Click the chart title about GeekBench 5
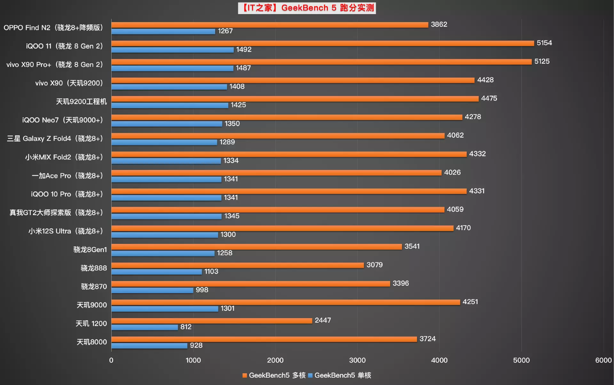[x=307, y=8]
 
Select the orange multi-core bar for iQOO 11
[x=322, y=43]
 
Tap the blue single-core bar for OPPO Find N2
[x=163, y=31]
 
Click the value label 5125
[x=542, y=61]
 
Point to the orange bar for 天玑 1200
[x=211, y=321]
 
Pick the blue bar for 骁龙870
[x=152, y=290]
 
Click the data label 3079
[x=374, y=265]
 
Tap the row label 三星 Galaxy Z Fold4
[x=55, y=139]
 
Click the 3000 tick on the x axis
[x=357, y=360]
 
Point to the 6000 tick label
[x=603, y=360]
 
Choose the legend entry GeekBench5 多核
[x=274, y=375]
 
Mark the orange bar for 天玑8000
[x=264, y=339]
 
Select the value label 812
[x=186, y=327]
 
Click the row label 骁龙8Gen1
[x=90, y=250]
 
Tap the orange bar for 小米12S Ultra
[x=282, y=228]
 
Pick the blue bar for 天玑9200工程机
[x=170, y=105]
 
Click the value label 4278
[x=473, y=117]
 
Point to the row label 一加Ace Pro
[x=67, y=176]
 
